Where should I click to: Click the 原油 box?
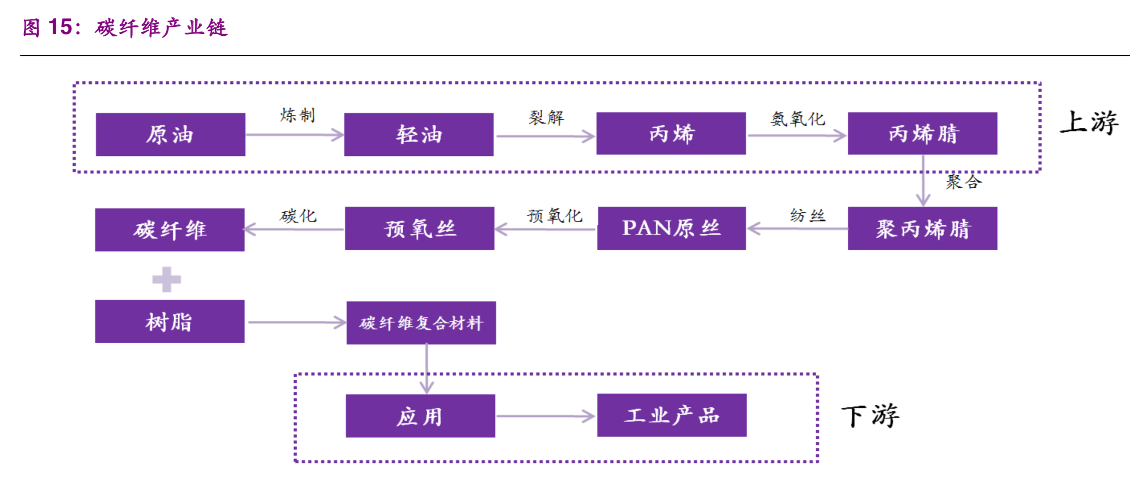point(170,134)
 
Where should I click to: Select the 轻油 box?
point(418,134)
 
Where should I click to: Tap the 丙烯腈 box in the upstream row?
point(922,133)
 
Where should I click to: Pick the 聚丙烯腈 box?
point(922,228)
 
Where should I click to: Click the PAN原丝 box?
point(671,228)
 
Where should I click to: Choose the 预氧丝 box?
point(419,228)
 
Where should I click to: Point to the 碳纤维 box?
point(169,230)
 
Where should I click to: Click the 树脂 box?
point(169,321)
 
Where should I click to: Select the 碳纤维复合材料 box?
point(421,323)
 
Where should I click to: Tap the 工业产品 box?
point(671,415)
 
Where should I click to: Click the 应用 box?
point(420,415)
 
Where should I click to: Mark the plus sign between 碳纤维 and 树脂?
point(166,280)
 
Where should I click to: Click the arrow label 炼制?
point(298,115)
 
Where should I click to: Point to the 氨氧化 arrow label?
point(797,119)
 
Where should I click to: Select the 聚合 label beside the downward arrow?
point(963,182)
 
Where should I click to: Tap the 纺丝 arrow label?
point(807,215)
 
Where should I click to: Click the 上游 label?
point(1089,122)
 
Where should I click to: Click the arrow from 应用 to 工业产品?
point(545,416)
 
